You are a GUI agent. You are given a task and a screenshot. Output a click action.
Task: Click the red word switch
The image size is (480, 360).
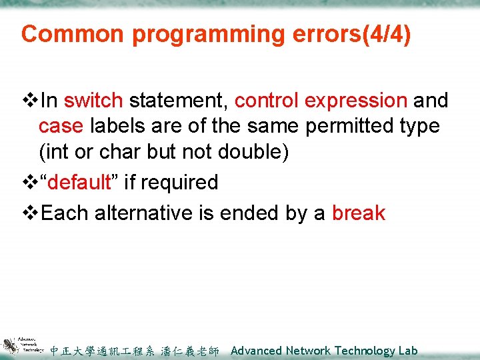click(93, 101)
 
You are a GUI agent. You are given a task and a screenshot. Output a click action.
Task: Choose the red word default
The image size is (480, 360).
click(83, 182)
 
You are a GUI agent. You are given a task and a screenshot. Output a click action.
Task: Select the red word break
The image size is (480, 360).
click(359, 213)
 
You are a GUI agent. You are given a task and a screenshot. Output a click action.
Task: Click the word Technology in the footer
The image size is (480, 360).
click(365, 351)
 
